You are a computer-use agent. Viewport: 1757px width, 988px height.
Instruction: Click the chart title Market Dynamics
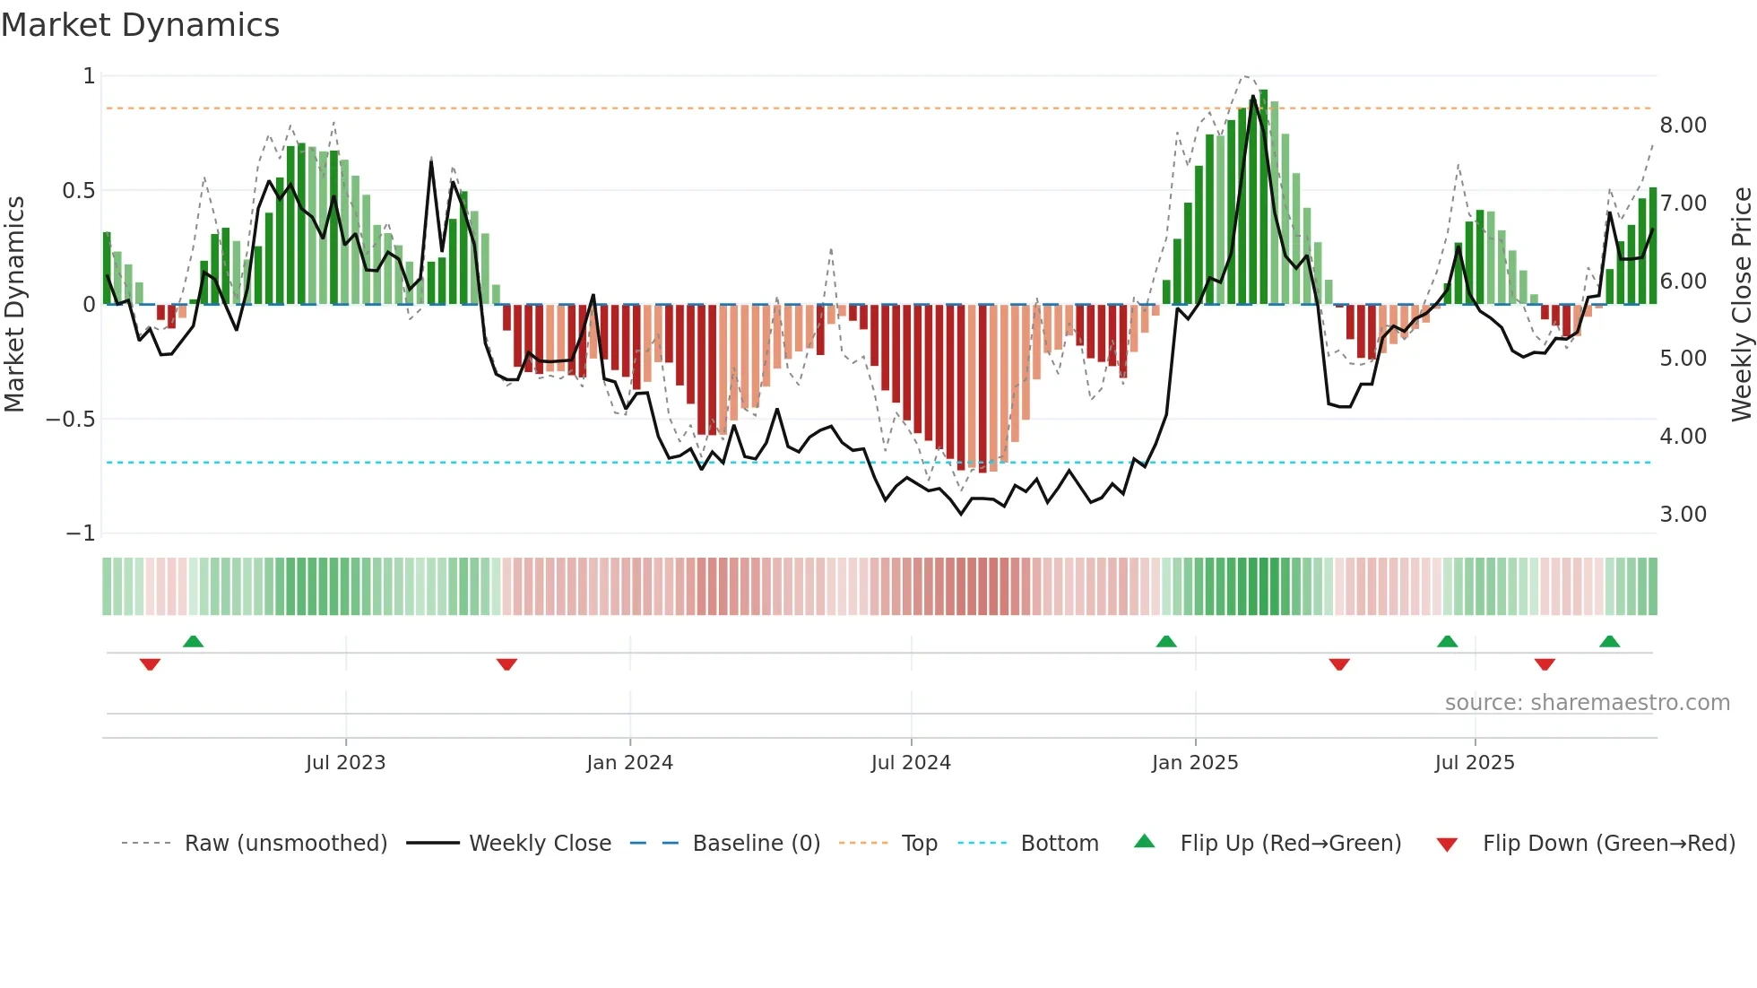[x=141, y=25]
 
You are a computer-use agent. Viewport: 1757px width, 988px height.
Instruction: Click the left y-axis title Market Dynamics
[x=14, y=304]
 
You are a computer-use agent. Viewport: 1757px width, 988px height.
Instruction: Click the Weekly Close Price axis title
[x=1741, y=304]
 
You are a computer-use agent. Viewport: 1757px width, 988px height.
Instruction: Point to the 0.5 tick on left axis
[x=78, y=190]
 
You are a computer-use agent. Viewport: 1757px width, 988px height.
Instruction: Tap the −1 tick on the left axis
[x=80, y=533]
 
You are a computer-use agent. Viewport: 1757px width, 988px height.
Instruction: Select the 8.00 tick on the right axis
[x=1683, y=126]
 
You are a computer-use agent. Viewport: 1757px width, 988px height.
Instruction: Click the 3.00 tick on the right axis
[x=1683, y=515]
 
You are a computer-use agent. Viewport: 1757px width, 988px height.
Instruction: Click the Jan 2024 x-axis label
[x=629, y=763]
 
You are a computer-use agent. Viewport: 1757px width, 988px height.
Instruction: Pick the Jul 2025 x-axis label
[x=1474, y=763]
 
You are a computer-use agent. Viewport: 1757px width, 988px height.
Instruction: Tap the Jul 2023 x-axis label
[x=345, y=763]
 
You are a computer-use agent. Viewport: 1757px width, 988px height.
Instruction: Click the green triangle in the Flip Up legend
[x=1145, y=842]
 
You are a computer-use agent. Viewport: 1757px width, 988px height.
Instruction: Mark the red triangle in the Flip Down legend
[x=1447, y=845]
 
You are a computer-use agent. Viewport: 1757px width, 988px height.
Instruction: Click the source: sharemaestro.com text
[x=1587, y=703]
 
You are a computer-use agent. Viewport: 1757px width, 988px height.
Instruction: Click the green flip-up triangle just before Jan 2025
[x=1166, y=642]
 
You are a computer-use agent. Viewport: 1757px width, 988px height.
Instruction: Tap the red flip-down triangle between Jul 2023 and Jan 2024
[x=506, y=664]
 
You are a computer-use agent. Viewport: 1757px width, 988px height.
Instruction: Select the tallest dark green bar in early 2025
[x=1263, y=197]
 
